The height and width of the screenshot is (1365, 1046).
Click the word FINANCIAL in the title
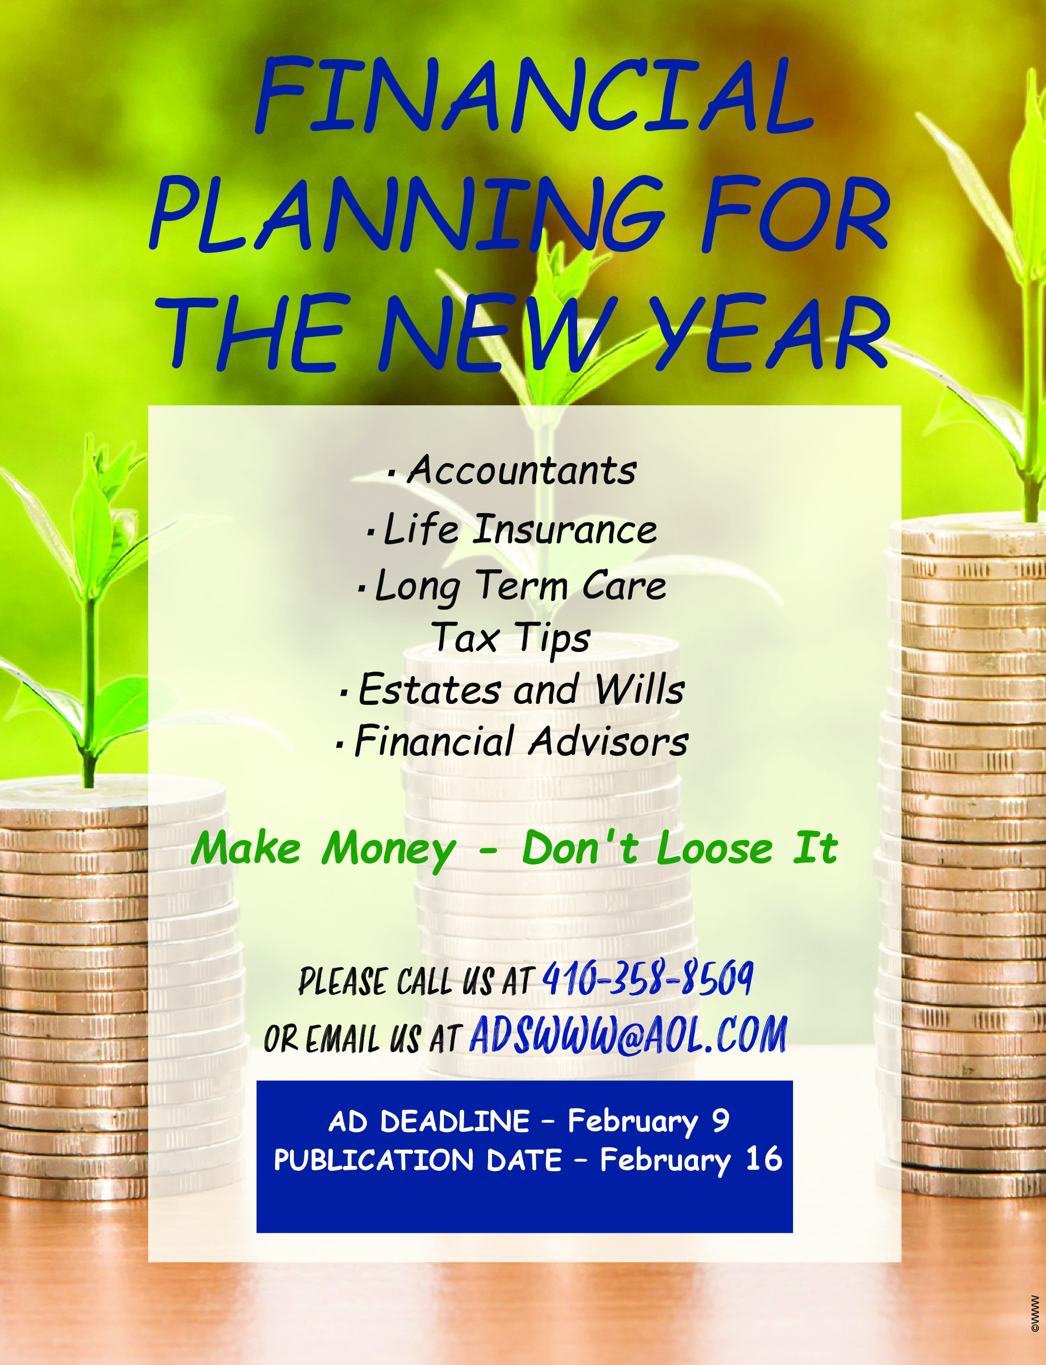point(534,95)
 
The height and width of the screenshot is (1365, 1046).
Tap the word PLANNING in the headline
point(407,213)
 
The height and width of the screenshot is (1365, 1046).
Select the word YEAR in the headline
point(772,331)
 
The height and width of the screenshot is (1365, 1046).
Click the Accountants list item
point(522,470)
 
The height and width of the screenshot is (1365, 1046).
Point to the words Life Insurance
point(520,529)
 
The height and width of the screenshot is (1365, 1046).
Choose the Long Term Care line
point(520,586)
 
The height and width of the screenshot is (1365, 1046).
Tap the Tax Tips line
point(511,639)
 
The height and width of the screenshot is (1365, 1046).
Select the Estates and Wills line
point(522,689)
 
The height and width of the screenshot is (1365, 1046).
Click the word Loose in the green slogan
point(714,849)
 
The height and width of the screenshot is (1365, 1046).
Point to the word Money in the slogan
point(389,850)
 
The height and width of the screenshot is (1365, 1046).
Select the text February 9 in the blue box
point(648,1122)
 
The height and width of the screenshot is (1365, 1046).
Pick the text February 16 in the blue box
point(691,1161)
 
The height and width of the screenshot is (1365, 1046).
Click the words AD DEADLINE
point(429,1122)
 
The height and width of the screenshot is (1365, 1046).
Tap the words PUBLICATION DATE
point(418,1161)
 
